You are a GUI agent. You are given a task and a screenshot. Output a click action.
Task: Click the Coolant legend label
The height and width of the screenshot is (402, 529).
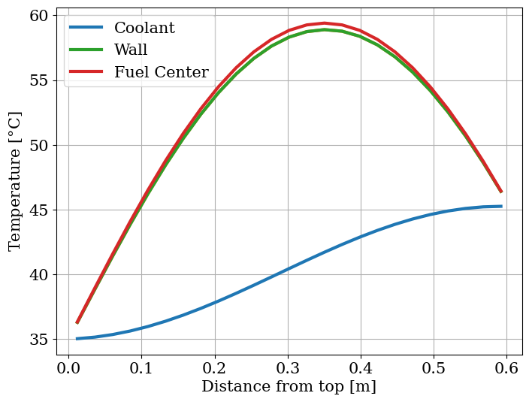[144, 29]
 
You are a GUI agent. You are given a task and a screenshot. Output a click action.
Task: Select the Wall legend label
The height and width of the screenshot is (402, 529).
[131, 50]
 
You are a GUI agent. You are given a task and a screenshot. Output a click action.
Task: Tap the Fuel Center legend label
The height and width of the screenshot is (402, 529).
[161, 72]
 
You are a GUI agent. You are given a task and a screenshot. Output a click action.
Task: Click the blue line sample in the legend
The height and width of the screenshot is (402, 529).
[86, 29]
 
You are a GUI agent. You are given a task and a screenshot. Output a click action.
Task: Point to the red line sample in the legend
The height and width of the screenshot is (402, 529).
[86, 72]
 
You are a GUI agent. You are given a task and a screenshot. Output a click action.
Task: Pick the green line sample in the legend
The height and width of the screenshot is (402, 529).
[86, 50]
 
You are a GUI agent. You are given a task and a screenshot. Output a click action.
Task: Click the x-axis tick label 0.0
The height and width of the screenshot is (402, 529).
[68, 369]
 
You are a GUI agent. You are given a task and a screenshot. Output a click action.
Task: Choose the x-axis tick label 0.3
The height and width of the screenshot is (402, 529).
[287, 369]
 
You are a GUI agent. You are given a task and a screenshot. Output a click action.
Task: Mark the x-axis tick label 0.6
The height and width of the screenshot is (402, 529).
[506, 369]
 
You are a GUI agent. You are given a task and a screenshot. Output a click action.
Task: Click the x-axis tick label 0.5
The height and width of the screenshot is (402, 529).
[433, 369]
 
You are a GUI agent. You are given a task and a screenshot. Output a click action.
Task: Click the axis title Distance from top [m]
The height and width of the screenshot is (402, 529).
[289, 387]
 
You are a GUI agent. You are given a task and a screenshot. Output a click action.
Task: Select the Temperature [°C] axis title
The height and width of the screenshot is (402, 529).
[16, 180]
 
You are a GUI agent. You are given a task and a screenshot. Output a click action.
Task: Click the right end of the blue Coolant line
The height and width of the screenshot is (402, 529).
[501, 206]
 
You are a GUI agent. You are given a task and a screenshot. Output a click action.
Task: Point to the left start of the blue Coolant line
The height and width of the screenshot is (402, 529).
[77, 339]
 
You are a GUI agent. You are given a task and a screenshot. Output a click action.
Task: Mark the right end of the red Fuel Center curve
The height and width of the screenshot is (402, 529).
[501, 192]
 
